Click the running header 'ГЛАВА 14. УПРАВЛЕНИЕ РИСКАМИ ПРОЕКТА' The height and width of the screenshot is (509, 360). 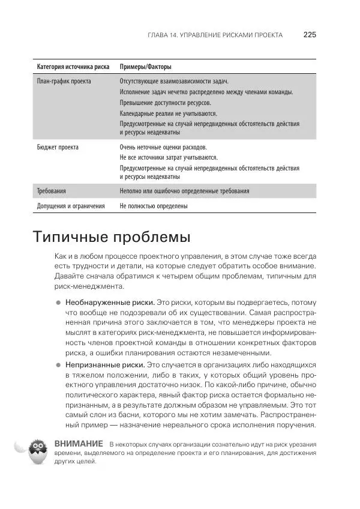[x=215, y=35]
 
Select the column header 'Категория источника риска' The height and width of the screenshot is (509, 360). [x=73, y=67]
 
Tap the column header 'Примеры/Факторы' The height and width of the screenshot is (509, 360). [x=149, y=67]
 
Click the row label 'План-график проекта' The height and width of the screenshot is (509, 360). [x=64, y=81]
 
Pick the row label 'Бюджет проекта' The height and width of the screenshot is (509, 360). [x=58, y=146]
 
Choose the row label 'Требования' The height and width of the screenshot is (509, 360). [x=52, y=191]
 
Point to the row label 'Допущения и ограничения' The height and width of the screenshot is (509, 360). [x=71, y=206]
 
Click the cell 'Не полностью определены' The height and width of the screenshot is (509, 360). [x=154, y=206]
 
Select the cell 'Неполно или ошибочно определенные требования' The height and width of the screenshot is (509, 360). [x=184, y=191]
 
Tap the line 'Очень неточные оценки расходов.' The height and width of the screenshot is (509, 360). [x=163, y=146]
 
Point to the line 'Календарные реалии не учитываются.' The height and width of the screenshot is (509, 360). [x=168, y=113]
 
